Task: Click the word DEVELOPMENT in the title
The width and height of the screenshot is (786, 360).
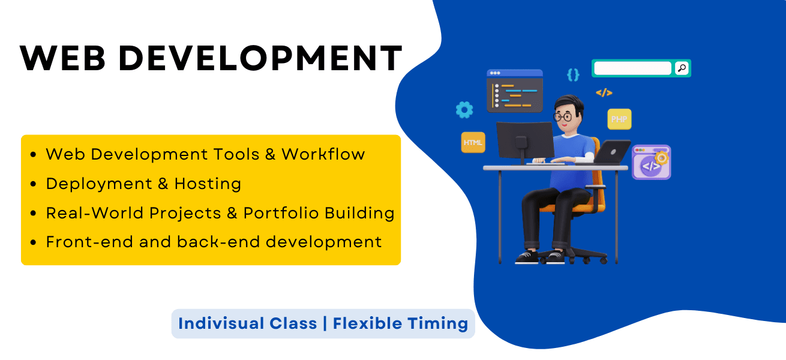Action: [260, 59]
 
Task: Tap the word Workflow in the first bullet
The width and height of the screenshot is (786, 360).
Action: [323, 154]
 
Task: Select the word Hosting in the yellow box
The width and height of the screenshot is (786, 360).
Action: [208, 184]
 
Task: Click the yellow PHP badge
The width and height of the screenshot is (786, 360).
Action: [619, 119]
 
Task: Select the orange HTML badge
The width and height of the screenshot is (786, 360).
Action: [473, 143]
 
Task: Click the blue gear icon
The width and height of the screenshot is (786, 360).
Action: [464, 110]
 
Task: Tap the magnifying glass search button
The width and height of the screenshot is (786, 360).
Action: [682, 68]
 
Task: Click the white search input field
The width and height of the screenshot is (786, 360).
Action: [632, 68]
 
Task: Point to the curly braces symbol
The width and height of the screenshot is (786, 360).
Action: [573, 74]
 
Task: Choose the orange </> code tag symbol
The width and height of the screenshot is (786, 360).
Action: [604, 92]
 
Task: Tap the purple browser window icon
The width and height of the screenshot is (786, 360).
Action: [652, 162]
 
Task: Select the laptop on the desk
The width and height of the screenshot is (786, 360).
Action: [612, 152]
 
